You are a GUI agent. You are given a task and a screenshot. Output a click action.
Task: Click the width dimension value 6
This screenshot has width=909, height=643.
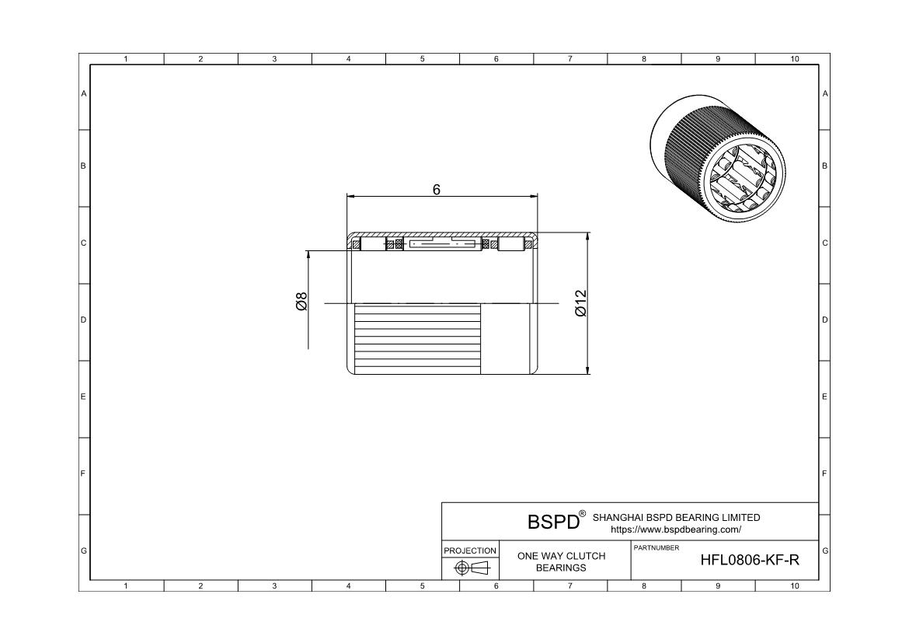click(437, 189)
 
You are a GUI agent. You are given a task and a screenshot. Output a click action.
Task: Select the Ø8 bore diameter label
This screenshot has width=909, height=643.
click(301, 302)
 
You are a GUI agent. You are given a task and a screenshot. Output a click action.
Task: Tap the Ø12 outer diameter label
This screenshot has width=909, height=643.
click(580, 302)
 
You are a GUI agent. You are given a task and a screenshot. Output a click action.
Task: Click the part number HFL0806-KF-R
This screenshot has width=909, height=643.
click(749, 561)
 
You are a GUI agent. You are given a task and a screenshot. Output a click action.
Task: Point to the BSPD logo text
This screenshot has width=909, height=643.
click(553, 522)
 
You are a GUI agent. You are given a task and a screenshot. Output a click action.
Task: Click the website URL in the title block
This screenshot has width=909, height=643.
click(676, 529)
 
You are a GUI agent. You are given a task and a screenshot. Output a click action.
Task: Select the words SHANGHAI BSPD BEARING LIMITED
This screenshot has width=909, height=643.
click(676, 517)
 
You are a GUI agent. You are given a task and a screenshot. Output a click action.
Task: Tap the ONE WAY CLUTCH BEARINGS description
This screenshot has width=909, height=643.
click(561, 561)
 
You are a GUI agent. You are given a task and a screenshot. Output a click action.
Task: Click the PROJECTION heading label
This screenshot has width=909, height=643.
click(470, 550)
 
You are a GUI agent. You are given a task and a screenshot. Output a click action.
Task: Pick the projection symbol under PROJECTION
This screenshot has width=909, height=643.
click(471, 568)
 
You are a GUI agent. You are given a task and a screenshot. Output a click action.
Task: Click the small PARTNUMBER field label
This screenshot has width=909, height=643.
click(656, 548)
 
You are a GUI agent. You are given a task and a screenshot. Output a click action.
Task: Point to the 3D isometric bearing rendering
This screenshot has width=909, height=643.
click(717, 159)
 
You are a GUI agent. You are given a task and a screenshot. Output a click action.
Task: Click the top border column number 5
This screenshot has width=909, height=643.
click(422, 59)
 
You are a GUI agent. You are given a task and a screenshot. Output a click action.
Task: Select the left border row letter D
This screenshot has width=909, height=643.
click(84, 320)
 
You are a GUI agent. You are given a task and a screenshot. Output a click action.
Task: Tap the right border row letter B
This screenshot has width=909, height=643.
click(824, 166)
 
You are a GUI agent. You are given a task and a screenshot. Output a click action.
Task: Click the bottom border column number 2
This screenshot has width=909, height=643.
click(200, 585)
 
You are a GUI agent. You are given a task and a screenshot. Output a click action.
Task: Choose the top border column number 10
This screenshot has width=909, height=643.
click(794, 59)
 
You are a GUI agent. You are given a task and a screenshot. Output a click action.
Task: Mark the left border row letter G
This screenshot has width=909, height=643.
click(84, 550)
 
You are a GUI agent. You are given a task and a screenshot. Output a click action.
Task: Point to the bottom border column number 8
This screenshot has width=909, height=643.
click(644, 585)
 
